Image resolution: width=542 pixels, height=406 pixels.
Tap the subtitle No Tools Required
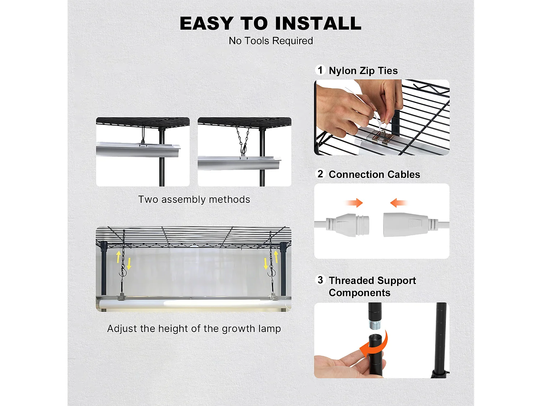271,41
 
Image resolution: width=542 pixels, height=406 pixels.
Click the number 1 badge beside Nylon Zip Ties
320,70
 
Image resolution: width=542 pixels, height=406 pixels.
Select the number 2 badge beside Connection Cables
320,174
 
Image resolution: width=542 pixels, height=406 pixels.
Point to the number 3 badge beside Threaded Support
320,280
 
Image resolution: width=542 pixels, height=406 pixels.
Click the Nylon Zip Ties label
363,71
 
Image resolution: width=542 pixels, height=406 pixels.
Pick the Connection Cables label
374,175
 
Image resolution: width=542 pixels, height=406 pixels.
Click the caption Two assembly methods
194,200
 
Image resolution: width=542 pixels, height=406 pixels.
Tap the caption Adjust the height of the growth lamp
194,329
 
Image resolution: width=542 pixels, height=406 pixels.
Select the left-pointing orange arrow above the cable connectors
398,203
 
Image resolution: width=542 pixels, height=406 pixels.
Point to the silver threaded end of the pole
375,324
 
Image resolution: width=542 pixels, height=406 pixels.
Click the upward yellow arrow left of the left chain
118,257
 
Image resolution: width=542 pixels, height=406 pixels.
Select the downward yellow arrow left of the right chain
266,263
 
